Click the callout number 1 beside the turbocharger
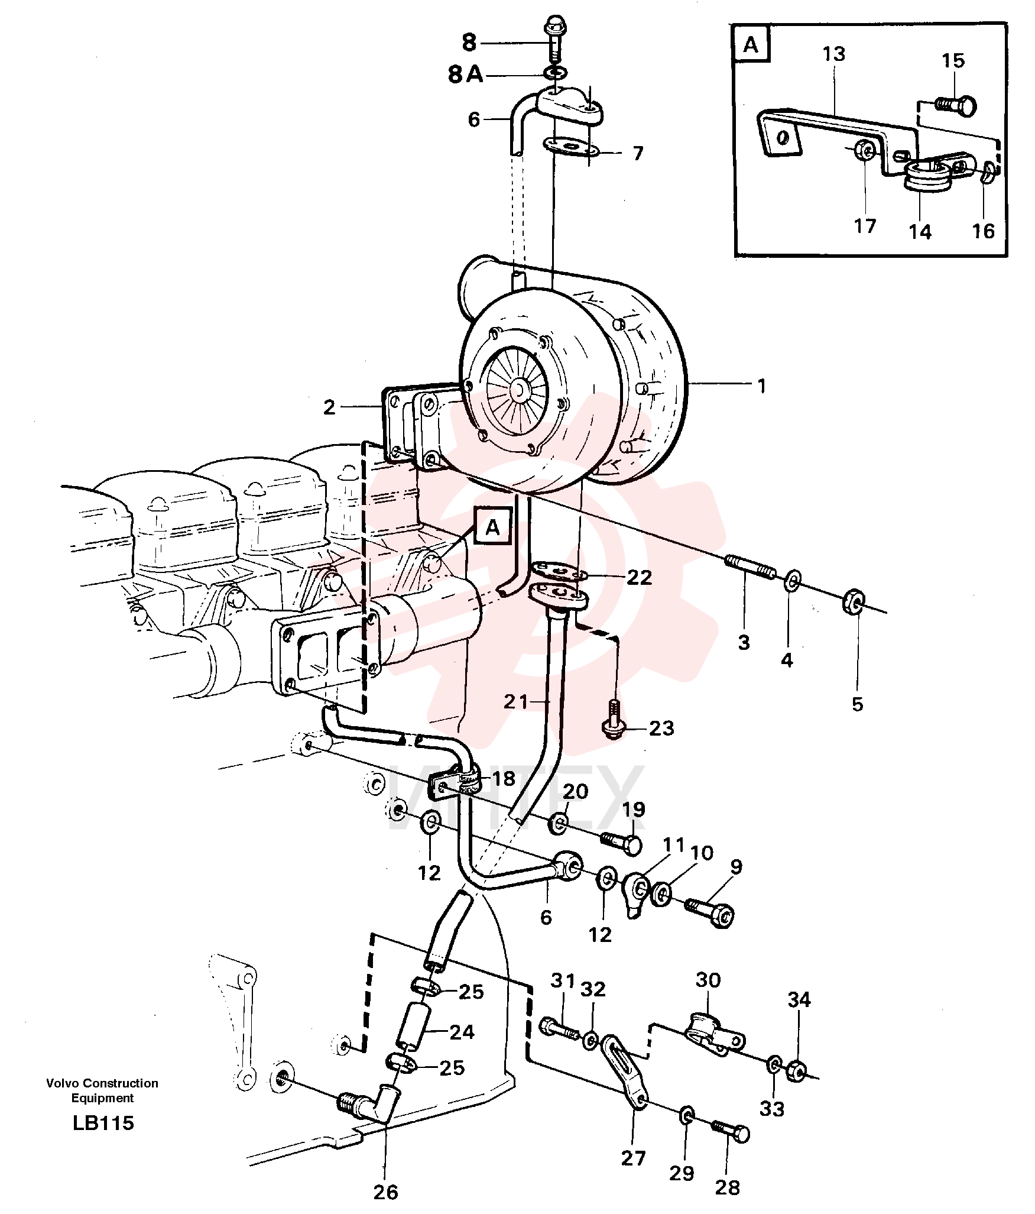click(x=762, y=386)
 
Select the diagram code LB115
click(x=103, y=1123)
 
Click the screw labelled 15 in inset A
click(x=956, y=106)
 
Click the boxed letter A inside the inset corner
click(x=751, y=44)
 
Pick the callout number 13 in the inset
click(x=834, y=54)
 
